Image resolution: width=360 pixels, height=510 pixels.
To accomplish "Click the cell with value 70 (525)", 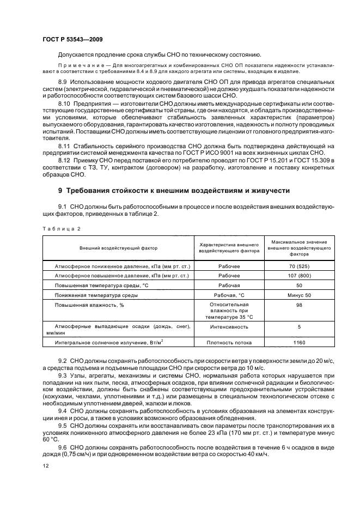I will (299, 265).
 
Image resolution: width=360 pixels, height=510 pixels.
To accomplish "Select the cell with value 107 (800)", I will (299, 275).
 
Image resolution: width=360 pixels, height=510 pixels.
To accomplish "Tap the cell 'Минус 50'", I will (299, 295).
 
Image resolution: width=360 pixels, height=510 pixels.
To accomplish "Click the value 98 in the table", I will (299, 306).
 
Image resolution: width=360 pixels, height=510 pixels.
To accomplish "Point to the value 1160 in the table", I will (299, 343).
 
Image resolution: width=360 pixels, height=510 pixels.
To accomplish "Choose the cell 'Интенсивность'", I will (229, 327).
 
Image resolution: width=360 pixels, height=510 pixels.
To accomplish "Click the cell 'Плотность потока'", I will (229, 343).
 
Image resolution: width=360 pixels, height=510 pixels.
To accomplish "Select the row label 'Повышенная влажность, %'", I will (82, 305).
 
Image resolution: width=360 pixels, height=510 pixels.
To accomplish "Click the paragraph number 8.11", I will (65, 147).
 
